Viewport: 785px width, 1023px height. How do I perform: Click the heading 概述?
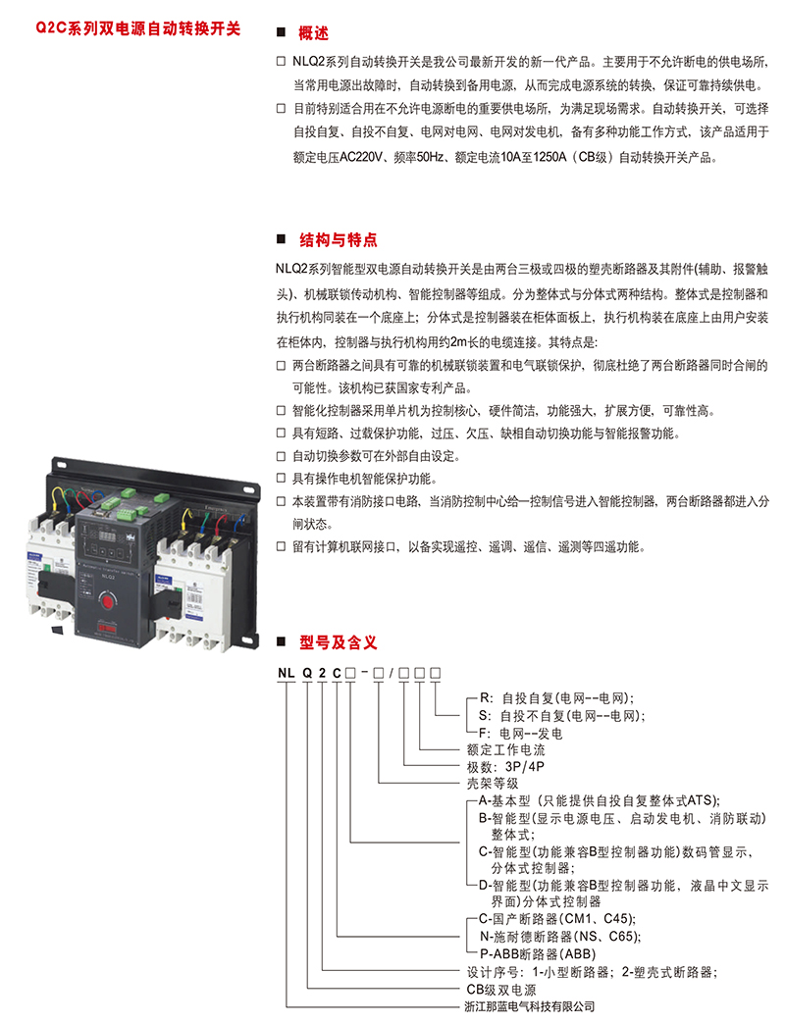[313, 33]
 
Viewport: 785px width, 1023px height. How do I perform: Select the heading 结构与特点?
[338, 240]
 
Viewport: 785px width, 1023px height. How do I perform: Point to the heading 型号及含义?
[338, 642]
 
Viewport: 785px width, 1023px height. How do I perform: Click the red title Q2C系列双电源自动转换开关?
[138, 28]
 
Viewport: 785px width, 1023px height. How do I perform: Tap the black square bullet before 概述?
[282, 32]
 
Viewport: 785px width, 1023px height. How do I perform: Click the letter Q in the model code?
[307, 673]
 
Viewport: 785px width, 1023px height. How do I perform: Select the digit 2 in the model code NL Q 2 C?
[323, 673]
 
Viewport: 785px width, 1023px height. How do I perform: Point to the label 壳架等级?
[493, 783]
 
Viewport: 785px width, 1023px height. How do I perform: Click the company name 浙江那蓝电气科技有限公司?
[530, 1006]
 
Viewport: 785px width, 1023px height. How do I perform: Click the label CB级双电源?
[501, 990]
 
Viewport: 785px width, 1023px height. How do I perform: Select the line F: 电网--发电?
[521, 734]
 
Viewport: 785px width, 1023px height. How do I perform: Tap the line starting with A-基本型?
[599, 800]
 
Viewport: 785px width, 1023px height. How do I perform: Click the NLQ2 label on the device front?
[108, 577]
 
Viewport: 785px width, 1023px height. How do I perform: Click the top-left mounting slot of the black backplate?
[60, 465]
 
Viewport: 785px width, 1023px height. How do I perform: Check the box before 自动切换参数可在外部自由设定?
[282, 456]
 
